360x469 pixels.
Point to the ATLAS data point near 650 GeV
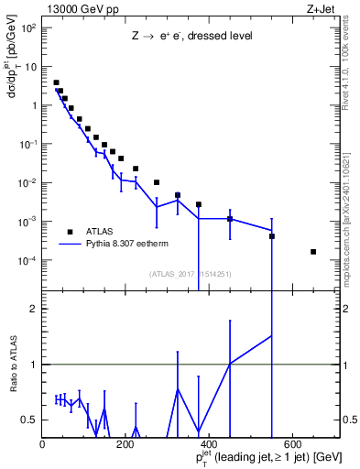coord(313,252)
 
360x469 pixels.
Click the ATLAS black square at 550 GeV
coord(272,236)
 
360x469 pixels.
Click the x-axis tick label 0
coord(42,443)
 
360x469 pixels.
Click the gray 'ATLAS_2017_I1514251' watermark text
coord(190,274)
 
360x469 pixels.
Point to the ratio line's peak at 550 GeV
coord(272,335)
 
